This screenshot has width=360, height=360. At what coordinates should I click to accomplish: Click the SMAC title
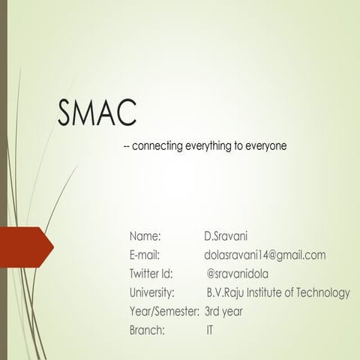pos(97,112)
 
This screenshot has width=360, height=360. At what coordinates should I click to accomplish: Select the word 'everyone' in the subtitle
pos(266,145)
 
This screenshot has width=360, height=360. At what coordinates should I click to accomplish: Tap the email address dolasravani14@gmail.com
pos(265,255)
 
